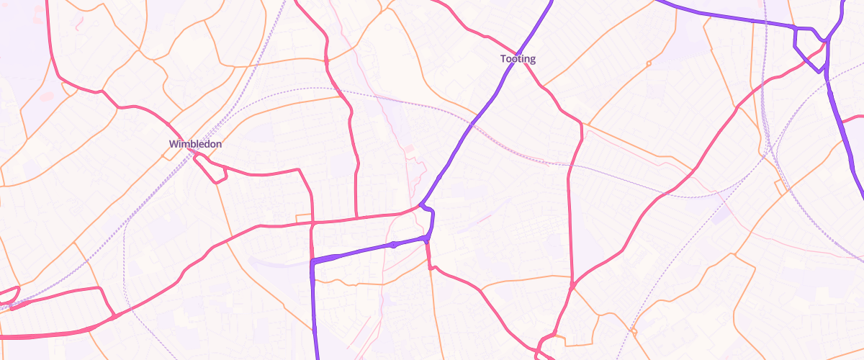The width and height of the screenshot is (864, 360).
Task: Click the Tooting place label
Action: pos(518,59)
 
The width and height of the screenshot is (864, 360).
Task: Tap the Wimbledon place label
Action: pos(195,144)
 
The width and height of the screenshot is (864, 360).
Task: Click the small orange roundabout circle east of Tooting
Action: pos(649,63)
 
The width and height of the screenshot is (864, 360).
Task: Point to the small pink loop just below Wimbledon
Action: pos(213,173)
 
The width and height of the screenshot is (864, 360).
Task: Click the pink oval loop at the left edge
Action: pos(9,295)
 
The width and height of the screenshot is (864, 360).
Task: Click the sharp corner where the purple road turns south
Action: pos(313,264)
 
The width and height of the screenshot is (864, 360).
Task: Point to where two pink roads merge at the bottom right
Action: pos(572,287)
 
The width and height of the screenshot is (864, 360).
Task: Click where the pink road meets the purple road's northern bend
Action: pos(420,207)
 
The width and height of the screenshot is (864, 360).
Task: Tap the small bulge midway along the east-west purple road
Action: pos(394,245)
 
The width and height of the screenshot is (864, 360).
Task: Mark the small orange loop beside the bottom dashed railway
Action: pos(634,331)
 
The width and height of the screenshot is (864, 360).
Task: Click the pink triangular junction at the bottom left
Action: pos(114,315)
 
